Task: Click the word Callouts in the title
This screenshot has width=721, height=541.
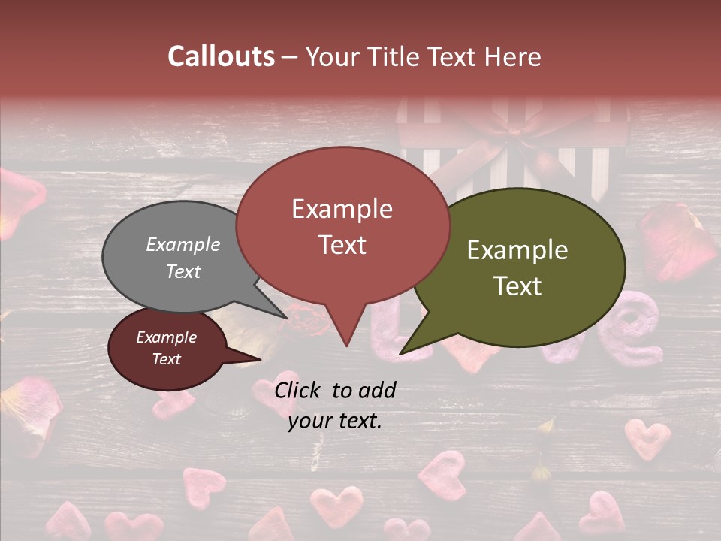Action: (221, 56)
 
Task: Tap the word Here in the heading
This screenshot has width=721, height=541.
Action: (513, 57)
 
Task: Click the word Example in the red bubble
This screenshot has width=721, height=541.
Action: (342, 209)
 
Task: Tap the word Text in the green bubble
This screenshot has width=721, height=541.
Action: (518, 286)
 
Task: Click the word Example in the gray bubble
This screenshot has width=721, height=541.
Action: (183, 244)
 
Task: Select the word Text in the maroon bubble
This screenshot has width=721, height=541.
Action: (166, 359)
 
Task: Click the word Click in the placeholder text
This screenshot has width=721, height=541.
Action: (300, 390)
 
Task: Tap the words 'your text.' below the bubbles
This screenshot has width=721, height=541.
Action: (335, 422)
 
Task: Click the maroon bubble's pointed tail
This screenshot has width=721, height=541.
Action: (255, 360)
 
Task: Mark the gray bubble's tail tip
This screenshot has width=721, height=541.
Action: (287, 318)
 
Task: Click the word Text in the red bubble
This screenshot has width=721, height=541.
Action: (342, 245)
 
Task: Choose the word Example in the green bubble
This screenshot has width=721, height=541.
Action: (517, 249)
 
